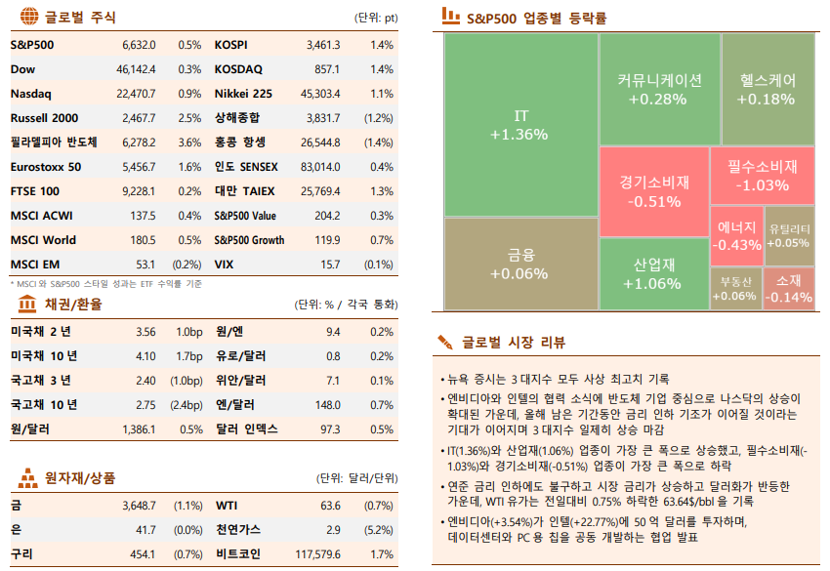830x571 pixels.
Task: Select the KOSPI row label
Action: [230, 45]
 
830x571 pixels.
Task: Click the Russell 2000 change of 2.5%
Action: [189, 118]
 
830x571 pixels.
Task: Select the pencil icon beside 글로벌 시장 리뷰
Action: [446, 343]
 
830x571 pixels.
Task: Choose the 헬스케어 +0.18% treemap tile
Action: [767, 89]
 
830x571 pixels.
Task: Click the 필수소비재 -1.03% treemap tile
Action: [763, 175]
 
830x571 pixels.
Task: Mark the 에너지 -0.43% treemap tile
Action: [735, 235]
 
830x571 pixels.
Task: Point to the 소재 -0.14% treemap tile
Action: [790, 288]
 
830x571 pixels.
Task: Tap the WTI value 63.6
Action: [330, 506]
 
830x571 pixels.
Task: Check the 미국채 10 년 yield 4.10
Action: [145, 355]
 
